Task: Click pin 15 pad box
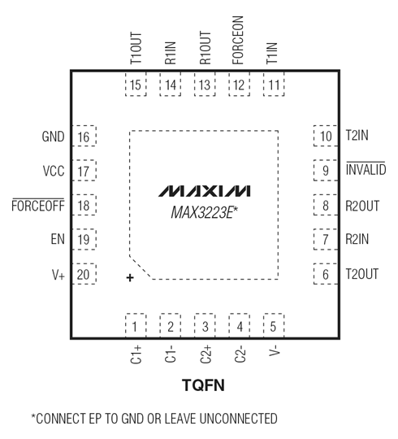tap(136, 85)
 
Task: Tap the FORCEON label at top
tap(238, 40)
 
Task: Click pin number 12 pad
tap(238, 85)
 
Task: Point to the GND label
tap(53, 137)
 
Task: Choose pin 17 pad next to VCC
tap(84, 172)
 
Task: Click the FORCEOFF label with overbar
tap(37, 206)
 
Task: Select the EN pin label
tap(57, 241)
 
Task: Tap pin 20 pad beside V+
tap(84, 275)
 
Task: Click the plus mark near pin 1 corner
tap(129, 278)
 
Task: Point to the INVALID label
tap(365, 171)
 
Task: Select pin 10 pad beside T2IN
tap(325, 137)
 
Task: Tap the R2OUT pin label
tap(362, 206)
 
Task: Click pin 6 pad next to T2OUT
tap(325, 275)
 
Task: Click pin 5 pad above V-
tap(274, 327)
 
